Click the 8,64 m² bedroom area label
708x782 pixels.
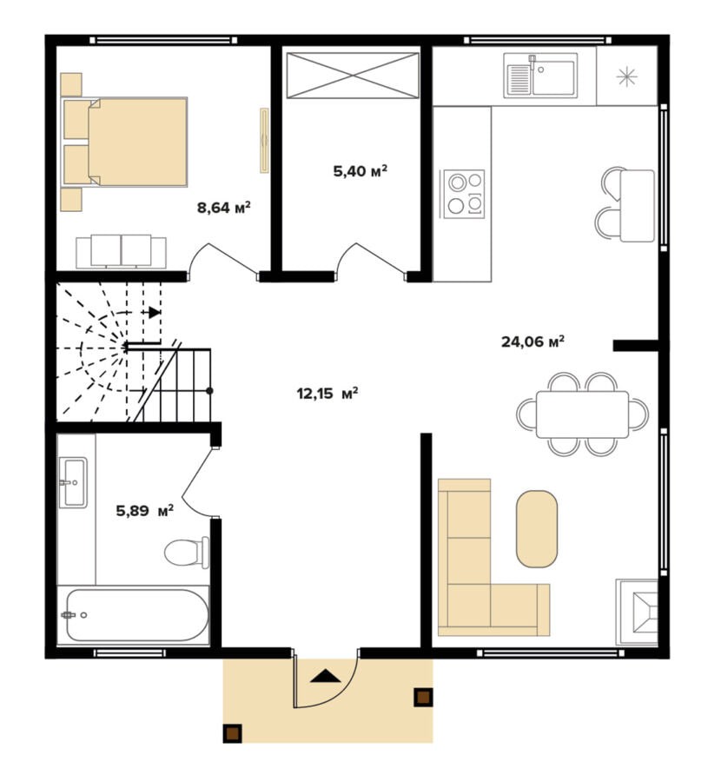pos(224,207)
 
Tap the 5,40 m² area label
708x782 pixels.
pos(360,171)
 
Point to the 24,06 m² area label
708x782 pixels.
pos(533,341)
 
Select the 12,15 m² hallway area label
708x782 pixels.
pos(328,394)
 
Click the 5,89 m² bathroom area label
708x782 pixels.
pos(144,510)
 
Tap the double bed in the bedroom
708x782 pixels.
pos(124,142)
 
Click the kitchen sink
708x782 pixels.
pos(540,76)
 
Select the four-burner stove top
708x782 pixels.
pos(464,194)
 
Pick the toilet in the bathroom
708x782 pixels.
pos(187,552)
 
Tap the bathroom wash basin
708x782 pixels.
pos(73,482)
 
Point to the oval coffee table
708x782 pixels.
pos(537,529)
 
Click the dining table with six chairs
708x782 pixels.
pos(582,414)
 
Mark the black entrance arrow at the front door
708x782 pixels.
pos(325,676)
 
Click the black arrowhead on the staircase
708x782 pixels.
pos(155,312)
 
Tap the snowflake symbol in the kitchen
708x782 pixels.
pos(626,76)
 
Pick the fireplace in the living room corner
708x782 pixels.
pos(637,612)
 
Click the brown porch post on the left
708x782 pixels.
pos(232,733)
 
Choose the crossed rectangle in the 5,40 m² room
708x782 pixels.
pos(353,76)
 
